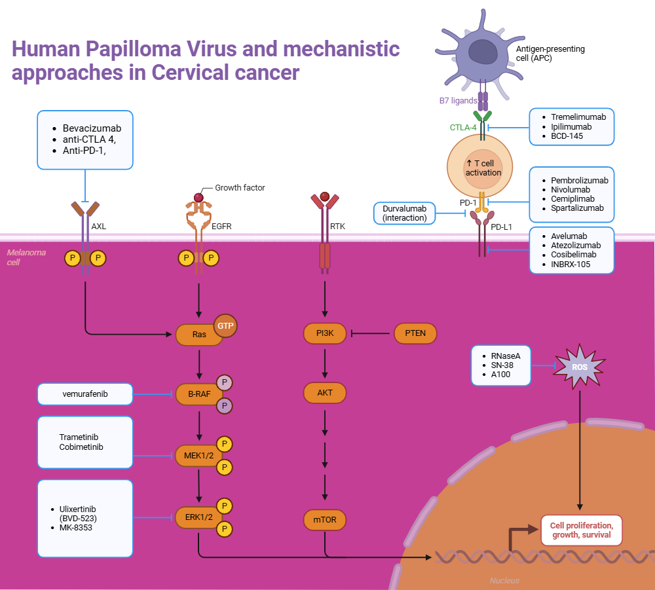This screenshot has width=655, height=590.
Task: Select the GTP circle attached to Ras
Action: (x=227, y=325)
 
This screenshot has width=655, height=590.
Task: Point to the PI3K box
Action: (x=325, y=333)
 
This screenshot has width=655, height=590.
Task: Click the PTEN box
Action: (x=415, y=333)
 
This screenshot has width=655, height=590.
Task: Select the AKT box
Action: (x=325, y=393)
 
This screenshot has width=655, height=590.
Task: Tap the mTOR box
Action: (x=325, y=520)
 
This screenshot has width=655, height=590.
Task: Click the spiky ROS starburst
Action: (x=580, y=367)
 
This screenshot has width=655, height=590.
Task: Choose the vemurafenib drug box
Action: (x=85, y=394)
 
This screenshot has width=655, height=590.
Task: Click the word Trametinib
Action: (x=79, y=437)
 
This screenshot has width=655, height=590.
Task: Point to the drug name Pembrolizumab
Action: (x=579, y=180)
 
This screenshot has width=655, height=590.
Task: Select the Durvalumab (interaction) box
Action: (x=404, y=213)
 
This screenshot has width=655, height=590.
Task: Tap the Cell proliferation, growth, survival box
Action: (x=581, y=530)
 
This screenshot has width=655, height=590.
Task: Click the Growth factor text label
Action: (x=240, y=188)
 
